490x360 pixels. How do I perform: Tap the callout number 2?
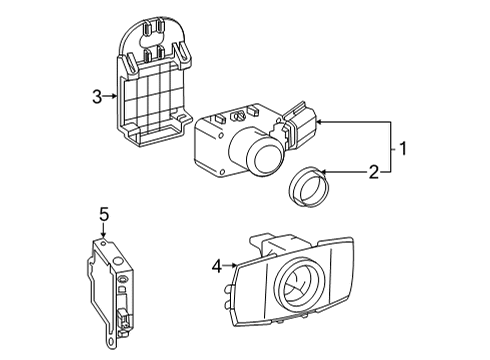372,172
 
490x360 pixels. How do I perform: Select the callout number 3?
97,96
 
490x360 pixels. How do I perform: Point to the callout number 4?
217,265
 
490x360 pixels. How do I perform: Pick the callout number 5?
102,213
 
